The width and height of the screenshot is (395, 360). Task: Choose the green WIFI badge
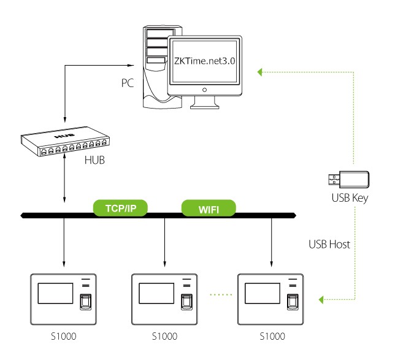(209, 209)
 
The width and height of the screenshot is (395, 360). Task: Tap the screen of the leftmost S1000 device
(56, 293)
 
